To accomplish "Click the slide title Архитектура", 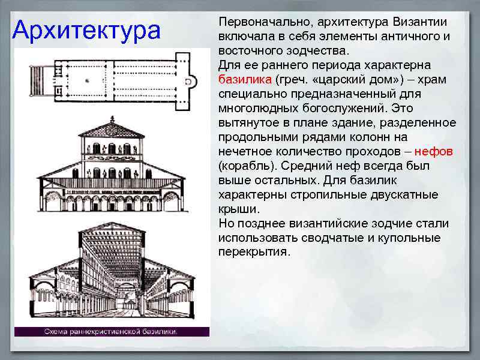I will click(86, 30).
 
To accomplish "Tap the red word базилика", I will click(244, 80).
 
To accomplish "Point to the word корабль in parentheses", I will click(245, 166).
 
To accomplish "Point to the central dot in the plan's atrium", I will click(88, 80).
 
